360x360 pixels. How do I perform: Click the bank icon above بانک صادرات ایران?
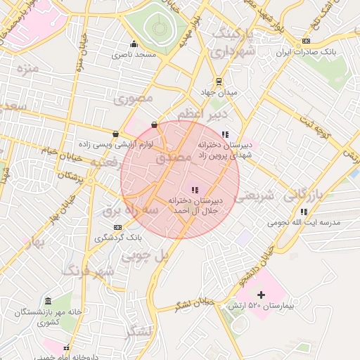[305, 41]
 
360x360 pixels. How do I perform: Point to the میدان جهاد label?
[219, 92]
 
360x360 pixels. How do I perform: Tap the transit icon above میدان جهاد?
[219, 80]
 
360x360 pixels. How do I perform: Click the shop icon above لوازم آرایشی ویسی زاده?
[115, 132]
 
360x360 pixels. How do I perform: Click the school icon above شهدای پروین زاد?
[225, 134]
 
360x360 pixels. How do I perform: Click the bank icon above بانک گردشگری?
[117, 227]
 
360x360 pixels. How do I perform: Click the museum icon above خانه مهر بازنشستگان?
[47, 300]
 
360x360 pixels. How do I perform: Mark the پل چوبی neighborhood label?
[146, 256]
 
